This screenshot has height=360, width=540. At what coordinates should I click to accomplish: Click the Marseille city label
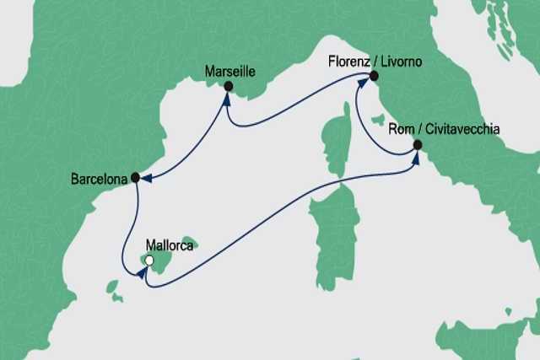229,72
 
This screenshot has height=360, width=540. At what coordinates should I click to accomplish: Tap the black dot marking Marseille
228,85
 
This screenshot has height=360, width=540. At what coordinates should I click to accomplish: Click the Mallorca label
170,246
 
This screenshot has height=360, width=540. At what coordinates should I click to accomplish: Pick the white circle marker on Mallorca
149,261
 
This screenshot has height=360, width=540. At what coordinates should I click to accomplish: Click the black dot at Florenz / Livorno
372,77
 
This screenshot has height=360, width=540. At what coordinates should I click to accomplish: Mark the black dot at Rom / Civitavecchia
417,144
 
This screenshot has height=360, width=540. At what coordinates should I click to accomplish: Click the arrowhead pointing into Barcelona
146,178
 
